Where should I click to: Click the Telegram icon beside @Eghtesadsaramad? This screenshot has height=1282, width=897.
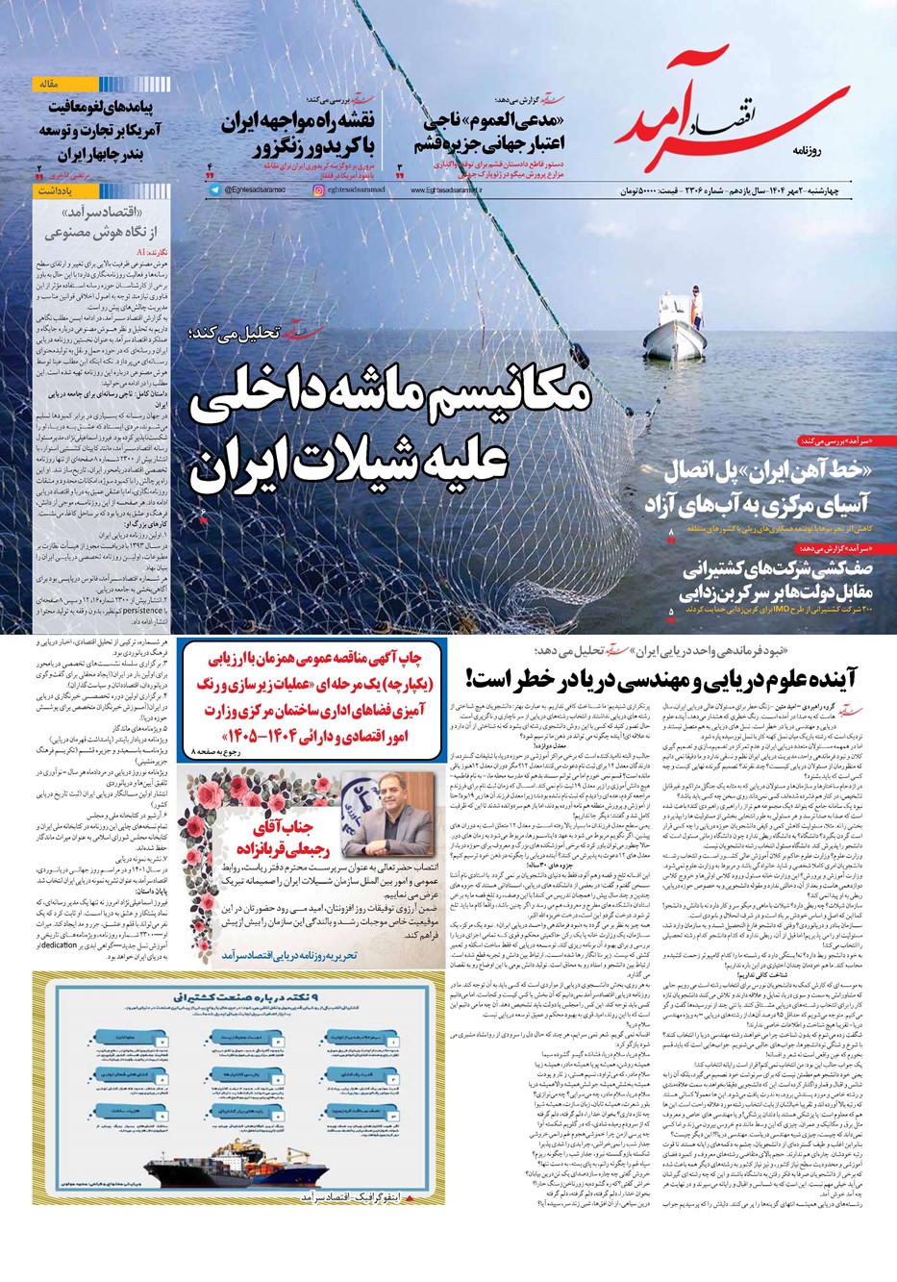(214, 191)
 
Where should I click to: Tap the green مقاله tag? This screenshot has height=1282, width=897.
(47, 85)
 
